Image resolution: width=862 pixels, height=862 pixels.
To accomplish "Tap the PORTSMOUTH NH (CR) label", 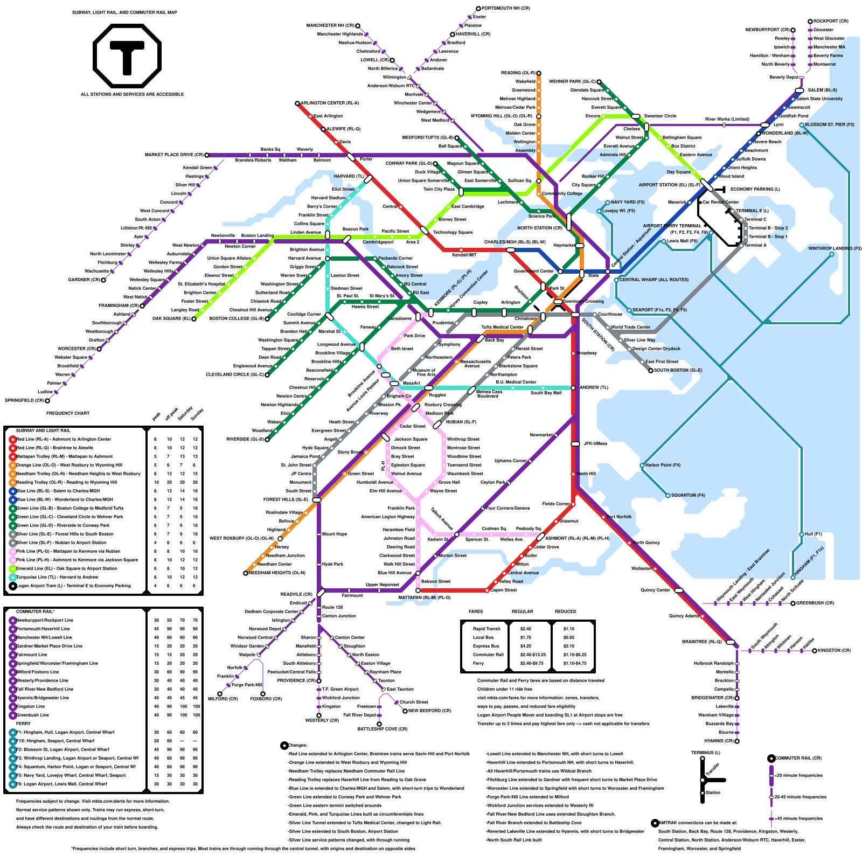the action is point(506,9).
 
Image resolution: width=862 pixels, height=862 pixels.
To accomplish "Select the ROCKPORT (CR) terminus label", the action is point(831,22).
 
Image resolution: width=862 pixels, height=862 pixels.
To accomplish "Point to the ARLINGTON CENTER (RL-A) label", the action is point(330,103).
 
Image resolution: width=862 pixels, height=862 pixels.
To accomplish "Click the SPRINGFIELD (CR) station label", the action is point(25,400).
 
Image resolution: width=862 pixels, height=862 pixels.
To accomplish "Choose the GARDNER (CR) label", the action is point(84,280).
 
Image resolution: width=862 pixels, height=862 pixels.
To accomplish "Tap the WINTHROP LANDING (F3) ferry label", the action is point(835,248).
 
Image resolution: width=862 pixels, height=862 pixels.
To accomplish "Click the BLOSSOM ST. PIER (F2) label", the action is point(830,124).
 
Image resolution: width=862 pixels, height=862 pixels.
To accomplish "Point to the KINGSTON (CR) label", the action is point(834,650).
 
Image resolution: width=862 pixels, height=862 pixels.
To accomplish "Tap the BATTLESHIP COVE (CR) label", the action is point(383,729).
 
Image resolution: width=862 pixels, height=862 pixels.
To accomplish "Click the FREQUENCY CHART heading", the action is point(68,413).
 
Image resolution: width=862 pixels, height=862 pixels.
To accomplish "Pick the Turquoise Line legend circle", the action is point(12,577).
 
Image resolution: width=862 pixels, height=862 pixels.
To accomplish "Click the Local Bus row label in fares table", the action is point(483,637).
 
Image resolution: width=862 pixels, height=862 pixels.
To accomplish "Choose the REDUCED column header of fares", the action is point(566,611).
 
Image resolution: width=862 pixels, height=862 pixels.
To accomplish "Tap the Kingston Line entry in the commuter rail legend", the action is point(31,706).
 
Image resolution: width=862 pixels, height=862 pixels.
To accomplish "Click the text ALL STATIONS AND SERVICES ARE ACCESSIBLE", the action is point(133,94).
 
